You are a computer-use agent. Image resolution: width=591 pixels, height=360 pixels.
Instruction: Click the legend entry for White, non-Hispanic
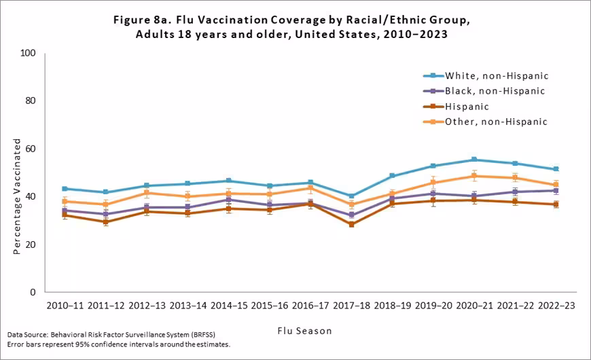pyautogui.click(x=496, y=75)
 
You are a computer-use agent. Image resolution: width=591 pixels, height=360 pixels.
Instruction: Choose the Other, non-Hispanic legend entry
pyautogui.click(x=496, y=122)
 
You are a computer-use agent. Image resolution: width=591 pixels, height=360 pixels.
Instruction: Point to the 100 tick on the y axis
pyautogui.click(x=28, y=53)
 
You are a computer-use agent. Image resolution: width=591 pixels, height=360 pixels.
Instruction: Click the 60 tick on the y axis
pyautogui.click(x=31, y=149)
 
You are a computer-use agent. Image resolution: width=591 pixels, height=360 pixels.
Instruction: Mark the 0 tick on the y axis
pyautogui.click(x=33, y=292)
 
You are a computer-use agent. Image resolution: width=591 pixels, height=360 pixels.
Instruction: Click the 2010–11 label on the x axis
pyautogui.click(x=65, y=306)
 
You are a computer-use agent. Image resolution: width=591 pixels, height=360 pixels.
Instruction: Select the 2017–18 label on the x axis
pyautogui.click(x=351, y=306)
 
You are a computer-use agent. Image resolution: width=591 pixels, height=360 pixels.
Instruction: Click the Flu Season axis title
pyautogui.click(x=304, y=331)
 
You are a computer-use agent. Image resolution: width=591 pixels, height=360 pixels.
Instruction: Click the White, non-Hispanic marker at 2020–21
pyautogui.click(x=473, y=160)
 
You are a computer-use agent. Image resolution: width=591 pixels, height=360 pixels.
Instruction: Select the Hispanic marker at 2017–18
pyautogui.click(x=351, y=224)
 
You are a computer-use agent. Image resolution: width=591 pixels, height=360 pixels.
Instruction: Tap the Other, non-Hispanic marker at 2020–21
pyautogui.click(x=473, y=176)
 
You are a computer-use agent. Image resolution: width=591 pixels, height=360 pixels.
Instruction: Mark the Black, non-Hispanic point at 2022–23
pyautogui.click(x=555, y=191)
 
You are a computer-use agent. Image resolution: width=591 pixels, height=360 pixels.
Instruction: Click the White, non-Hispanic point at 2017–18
pyautogui.click(x=351, y=196)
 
